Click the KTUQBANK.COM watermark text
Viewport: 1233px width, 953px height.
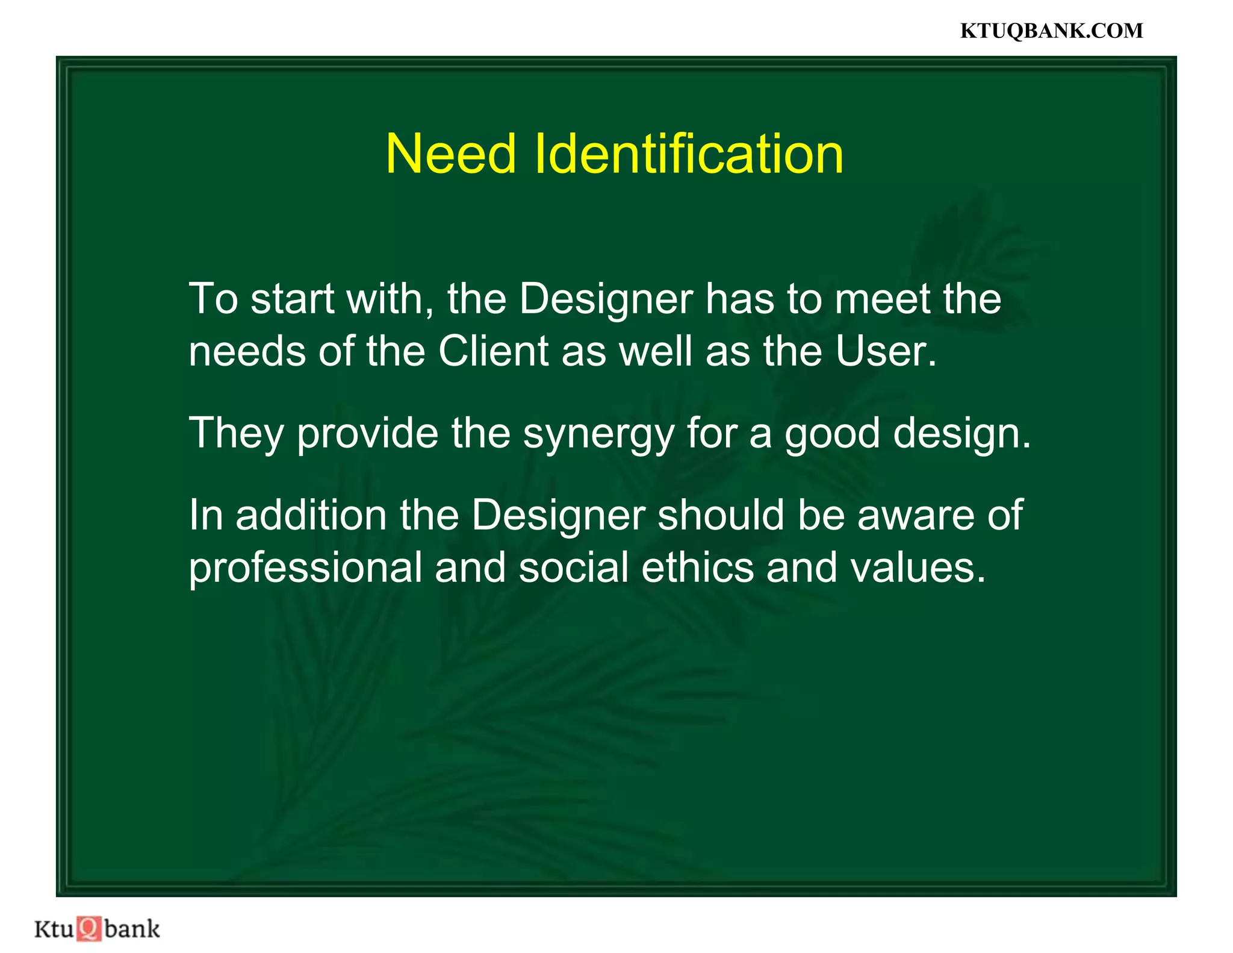click(x=1051, y=31)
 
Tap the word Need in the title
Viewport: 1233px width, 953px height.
click(x=450, y=154)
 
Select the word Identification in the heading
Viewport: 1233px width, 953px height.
click(x=689, y=154)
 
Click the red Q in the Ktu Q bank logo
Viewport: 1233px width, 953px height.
click(x=89, y=928)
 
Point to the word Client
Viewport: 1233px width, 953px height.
click(x=493, y=351)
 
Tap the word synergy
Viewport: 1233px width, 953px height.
click(x=598, y=434)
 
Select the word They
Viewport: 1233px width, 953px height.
click(x=237, y=434)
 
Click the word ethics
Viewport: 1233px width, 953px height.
click(x=697, y=567)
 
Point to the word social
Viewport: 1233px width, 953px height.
click(x=574, y=567)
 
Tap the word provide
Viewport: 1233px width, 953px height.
click(x=368, y=434)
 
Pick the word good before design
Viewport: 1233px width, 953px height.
click(x=832, y=434)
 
